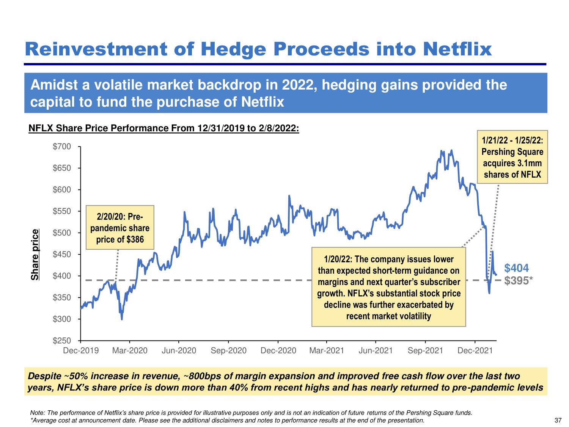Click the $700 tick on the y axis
[62, 147]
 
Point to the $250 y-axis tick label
[62, 341]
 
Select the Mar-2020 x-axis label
[130, 350]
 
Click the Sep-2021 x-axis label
[425, 350]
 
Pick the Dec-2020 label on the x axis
[278, 350]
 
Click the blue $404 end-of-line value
[516, 268]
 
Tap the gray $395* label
[518, 281]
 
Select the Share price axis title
[35, 255]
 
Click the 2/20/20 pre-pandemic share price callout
[120, 228]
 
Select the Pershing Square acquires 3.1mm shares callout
[512, 157]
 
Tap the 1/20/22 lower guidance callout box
[388, 287]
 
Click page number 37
[558, 420]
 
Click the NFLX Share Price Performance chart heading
[164, 128]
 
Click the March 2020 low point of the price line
[122, 319]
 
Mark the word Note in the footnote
[37, 413]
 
